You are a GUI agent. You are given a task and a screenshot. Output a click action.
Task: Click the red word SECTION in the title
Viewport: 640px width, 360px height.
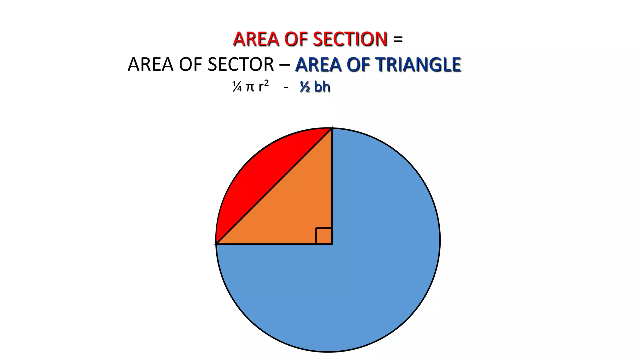(x=350, y=39)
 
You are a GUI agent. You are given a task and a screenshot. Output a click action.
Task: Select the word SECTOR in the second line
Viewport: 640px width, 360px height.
(x=241, y=65)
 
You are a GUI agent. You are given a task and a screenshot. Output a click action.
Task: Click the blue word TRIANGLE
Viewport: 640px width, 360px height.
(x=418, y=65)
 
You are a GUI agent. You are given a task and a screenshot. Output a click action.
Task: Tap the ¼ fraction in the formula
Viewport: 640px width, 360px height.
(x=237, y=87)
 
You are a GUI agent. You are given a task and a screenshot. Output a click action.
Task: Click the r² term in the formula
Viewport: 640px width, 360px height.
(x=264, y=86)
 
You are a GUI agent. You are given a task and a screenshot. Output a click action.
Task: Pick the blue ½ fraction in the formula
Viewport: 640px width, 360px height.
(x=305, y=87)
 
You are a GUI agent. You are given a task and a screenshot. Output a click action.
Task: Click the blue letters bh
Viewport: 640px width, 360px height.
(x=322, y=87)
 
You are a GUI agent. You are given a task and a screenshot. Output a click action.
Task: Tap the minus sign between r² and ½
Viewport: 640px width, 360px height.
(x=286, y=87)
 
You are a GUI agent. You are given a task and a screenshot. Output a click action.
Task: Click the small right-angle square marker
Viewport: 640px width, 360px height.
(x=324, y=236)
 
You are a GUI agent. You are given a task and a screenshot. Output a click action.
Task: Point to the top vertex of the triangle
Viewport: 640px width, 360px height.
(x=332, y=128)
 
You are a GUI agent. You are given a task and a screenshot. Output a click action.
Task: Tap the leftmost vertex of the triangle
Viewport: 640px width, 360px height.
(x=216, y=244)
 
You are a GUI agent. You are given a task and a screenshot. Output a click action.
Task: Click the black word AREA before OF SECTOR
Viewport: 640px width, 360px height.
(x=150, y=65)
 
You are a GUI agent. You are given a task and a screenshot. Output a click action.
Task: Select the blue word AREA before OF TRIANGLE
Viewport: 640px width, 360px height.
(x=318, y=65)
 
